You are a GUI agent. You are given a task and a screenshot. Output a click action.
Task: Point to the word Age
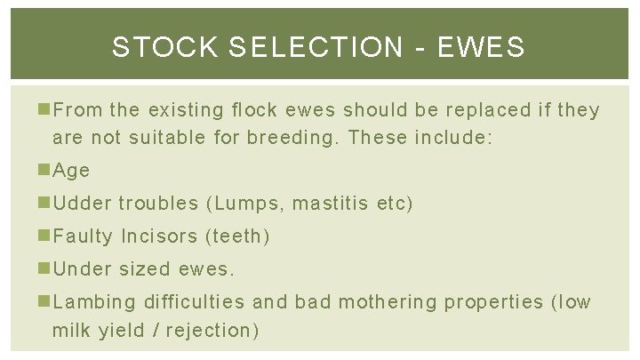click(71, 170)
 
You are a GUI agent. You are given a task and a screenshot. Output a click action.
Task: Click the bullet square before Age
click(45, 170)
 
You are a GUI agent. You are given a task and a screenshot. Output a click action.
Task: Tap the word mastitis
click(332, 203)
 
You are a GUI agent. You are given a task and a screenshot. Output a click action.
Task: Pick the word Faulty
click(83, 236)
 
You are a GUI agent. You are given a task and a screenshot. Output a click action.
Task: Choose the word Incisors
click(158, 236)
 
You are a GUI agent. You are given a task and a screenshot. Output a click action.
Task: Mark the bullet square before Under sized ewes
click(45, 268)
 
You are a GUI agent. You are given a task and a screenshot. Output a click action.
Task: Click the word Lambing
click(94, 301)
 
